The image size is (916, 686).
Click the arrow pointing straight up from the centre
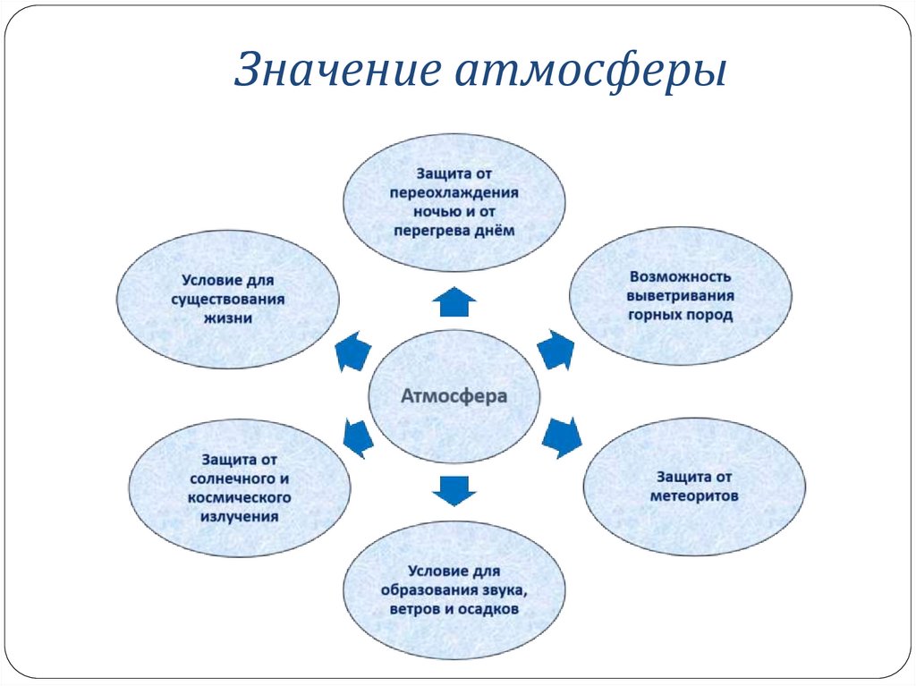(454, 302)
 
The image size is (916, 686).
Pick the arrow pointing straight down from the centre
(454, 487)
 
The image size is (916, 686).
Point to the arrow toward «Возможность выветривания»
(556, 350)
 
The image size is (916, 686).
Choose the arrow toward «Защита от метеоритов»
(562, 436)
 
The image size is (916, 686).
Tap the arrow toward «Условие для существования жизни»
(352, 351)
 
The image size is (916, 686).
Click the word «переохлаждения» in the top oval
(454, 191)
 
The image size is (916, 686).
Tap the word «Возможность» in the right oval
(681, 276)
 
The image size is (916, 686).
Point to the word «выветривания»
(681, 296)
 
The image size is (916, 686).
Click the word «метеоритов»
(694, 495)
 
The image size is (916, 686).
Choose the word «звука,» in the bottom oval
(501, 589)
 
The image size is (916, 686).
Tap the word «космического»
(240, 497)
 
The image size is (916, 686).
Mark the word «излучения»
(240, 517)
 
